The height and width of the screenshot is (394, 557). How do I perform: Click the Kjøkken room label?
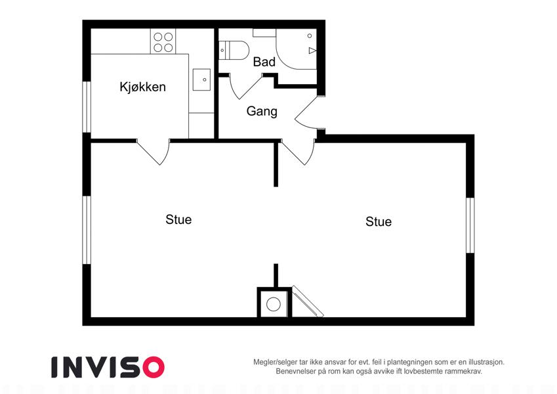coord(142,87)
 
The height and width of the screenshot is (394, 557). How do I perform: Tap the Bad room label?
coord(264,62)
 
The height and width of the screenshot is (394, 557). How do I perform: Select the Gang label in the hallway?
coord(262,111)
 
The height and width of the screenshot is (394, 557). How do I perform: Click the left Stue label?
coord(178,219)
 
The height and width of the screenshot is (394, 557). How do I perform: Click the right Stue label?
coord(379,221)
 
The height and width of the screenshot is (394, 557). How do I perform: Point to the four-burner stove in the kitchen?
coord(163,41)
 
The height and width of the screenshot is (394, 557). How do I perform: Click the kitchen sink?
coord(201,79)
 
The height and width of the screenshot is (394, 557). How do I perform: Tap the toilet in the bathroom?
coord(234,51)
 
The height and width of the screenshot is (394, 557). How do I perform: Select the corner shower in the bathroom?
coord(297,49)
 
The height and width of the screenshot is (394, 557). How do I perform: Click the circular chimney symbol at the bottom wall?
coord(274,305)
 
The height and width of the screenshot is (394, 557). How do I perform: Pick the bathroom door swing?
coord(245,86)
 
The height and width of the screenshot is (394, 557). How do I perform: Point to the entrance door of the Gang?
coord(308,112)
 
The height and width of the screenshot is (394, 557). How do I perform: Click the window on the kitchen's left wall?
coord(87,107)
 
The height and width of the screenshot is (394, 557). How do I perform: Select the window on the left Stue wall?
coord(87,230)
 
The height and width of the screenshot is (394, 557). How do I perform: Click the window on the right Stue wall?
coord(470,225)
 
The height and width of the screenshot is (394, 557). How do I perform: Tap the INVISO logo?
coord(108,367)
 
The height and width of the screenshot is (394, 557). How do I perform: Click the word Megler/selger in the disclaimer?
coord(270,362)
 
